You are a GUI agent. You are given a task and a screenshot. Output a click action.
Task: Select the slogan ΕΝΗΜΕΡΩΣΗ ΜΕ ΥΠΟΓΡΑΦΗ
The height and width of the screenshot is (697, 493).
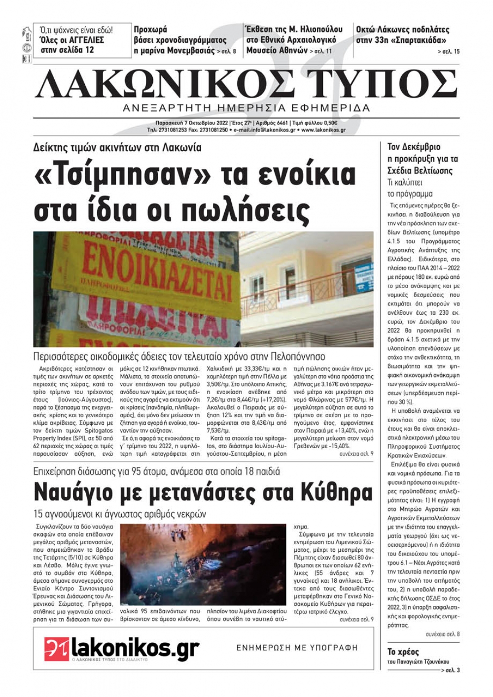(297, 648)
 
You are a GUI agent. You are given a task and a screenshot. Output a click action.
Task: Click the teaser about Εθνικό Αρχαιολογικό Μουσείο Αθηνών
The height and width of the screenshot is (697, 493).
(291, 40)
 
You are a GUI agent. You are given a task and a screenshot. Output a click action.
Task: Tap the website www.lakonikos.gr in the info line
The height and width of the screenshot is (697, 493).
(323, 130)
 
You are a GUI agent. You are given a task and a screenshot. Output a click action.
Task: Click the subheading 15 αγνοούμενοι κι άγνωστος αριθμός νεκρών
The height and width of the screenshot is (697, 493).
(120, 514)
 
